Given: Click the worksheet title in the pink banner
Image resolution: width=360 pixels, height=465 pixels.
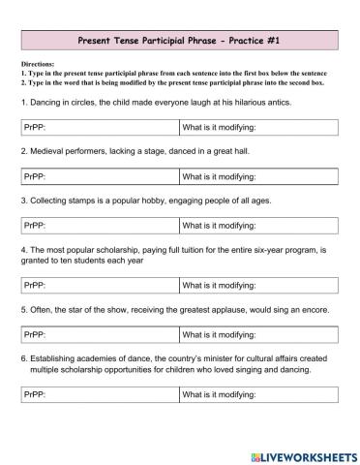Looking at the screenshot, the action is point(180,41).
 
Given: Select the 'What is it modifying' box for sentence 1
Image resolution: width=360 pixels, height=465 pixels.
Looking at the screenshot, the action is point(259,127).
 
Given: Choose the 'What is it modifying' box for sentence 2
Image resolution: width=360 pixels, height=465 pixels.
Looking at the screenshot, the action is point(259,177).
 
